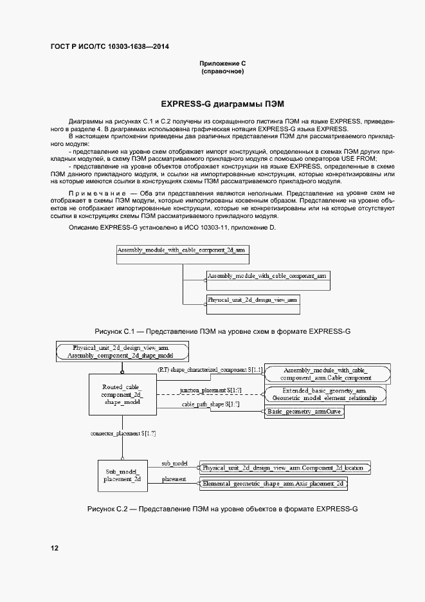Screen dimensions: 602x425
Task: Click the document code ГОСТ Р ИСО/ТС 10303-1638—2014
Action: point(110,47)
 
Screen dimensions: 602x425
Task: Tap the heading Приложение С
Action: point(222,64)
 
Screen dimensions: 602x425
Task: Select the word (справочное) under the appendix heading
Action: point(222,71)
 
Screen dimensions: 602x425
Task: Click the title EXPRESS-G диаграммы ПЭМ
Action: point(222,103)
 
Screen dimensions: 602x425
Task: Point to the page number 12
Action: point(55,548)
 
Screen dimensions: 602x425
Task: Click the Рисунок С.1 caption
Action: point(222,331)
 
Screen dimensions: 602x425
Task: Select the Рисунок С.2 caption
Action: point(222,509)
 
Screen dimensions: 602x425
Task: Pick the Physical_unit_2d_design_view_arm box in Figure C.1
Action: point(253,304)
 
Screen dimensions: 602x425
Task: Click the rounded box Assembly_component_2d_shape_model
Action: point(122,351)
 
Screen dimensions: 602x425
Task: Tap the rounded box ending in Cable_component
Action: point(328,374)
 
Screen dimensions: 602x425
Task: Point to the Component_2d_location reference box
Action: point(285,468)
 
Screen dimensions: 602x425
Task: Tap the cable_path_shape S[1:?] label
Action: point(210,404)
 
